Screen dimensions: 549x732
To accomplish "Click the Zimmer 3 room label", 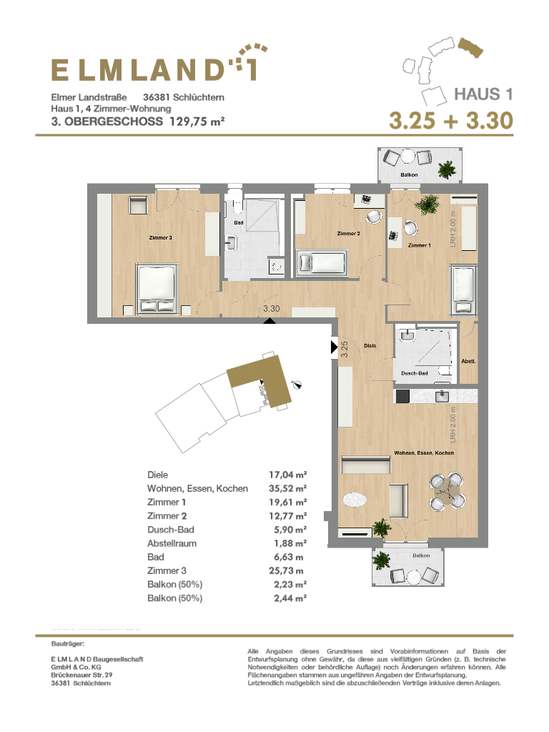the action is (161, 237).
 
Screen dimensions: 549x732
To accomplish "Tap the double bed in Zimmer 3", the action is (157, 289).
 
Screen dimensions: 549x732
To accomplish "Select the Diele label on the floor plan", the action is (370, 346).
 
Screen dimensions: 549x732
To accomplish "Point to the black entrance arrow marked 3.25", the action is (335, 347).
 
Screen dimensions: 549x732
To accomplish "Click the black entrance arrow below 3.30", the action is (269, 321).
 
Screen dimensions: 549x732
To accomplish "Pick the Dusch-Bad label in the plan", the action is (415, 373).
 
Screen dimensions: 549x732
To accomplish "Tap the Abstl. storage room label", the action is (468, 361).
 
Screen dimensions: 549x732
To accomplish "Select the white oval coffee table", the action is (356, 500).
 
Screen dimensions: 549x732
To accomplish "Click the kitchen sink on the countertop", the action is (442, 396).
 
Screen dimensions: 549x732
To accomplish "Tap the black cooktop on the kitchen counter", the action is (402, 396).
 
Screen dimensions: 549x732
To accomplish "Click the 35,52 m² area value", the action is (287, 488).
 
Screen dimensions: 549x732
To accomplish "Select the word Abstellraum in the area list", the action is (172, 543).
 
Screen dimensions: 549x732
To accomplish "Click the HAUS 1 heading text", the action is (484, 94).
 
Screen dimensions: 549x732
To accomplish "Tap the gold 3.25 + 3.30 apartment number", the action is (452, 120).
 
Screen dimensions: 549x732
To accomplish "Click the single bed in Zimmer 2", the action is (322, 263).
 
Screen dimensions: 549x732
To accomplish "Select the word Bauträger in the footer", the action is (68, 644).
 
